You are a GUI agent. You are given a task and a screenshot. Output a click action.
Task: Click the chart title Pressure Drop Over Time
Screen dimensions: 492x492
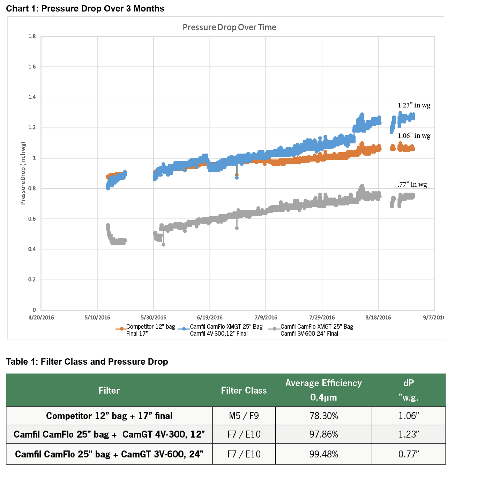coord(229,27)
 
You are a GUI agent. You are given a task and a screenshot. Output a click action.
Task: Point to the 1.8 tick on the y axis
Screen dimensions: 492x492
coord(32,36)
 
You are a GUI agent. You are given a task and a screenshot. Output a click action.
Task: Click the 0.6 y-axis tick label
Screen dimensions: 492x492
coord(32,219)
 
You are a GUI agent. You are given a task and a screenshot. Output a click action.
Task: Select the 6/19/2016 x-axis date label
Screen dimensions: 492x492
coord(210,318)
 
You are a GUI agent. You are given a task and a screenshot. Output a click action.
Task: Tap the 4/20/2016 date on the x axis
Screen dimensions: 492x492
coord(41,318)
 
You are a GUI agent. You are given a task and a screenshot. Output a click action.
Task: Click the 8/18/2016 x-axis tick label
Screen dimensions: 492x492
coord(378,318)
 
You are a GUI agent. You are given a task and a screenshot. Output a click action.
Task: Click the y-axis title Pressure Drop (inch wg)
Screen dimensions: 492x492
coord(23,173)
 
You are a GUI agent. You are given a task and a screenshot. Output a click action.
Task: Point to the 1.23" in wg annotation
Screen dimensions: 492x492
coord(414,105)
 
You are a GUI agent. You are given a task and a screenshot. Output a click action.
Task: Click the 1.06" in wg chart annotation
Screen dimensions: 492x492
coord(414,136)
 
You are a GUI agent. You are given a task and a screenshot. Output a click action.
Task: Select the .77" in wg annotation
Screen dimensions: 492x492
coord(412,185)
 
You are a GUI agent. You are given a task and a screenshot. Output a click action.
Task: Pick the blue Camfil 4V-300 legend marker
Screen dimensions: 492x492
coord(184,329)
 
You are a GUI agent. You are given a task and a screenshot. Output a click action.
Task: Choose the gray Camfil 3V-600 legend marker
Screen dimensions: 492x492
coord(275,329)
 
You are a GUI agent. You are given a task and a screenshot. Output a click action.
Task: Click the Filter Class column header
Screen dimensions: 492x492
coord(244,390)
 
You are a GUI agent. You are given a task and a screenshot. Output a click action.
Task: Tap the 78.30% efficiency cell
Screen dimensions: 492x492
coord(323,416)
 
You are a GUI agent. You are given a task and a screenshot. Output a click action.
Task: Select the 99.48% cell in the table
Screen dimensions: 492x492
coord(323,454)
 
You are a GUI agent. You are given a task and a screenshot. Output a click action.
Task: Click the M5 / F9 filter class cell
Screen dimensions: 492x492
coord(244,416)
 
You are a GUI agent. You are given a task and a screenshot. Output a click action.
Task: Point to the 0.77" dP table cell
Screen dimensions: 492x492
coord(409,454)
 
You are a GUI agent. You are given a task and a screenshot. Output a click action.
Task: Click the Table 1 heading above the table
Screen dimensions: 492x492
coord(87,361)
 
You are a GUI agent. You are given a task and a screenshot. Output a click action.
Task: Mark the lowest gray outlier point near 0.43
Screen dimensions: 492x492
coord(163,245)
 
